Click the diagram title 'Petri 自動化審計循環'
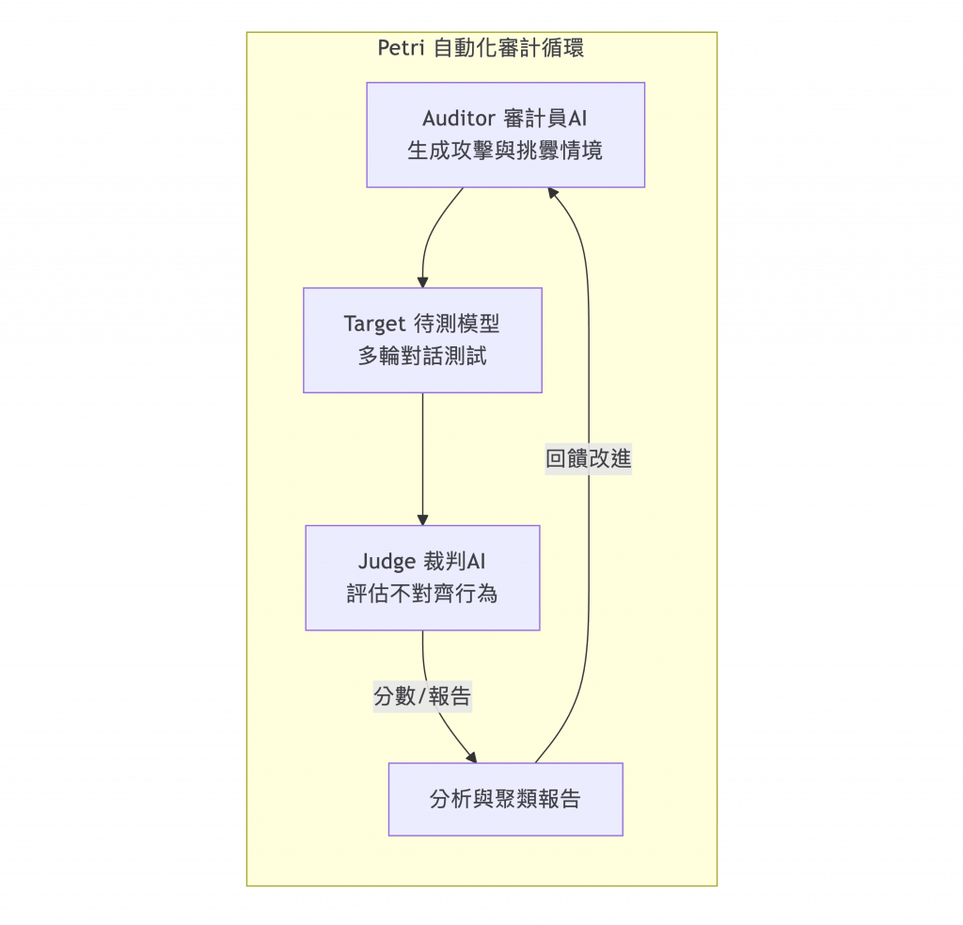pos(481,48)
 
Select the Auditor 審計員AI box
pos(505,135)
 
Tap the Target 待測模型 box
pos(422,340)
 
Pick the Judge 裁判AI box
pos(422,577)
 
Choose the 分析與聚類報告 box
pos(505,799)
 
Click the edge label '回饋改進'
pos(589,459)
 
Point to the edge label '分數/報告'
pos(422,696)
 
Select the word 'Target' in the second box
pos(374,325)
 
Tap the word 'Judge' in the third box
pos(387,562)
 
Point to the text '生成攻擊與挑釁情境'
pos(505,151)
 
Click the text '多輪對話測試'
pos(422,357)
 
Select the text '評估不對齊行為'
pos(422,594)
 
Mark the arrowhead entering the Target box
pos(422,282)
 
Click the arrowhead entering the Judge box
pos(422,519)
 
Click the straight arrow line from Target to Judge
pos(422,456)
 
